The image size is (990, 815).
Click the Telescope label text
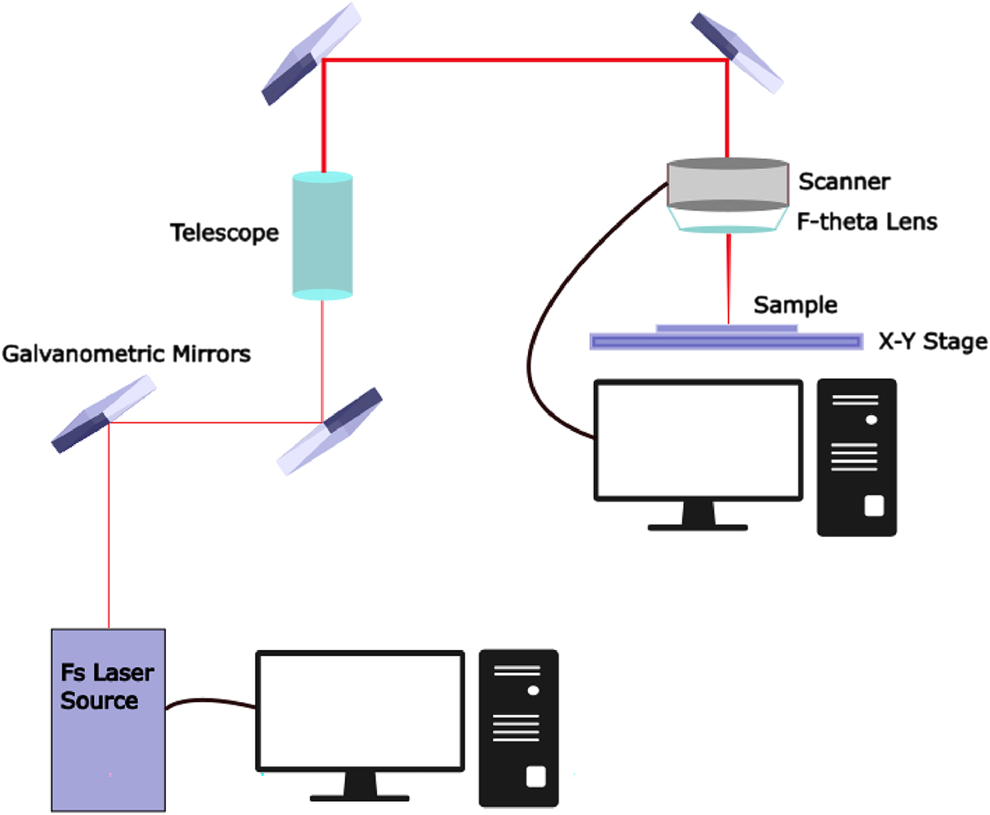(224, 233)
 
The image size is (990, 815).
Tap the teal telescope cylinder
(323, 234)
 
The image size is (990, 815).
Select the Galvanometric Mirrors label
(126, 356)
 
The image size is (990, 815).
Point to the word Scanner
(844, 181)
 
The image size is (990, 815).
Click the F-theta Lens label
(867, 222)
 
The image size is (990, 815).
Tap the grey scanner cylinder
(727, 183)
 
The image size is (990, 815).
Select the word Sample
(795, 305)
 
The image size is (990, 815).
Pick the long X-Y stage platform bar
(726, 341)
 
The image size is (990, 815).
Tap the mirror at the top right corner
(738, 51)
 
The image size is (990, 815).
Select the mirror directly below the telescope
(330, 431)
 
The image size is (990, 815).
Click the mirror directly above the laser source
(104, 415)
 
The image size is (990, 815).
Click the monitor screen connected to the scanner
(698, 440)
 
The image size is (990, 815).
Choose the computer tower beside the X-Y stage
(856, 457)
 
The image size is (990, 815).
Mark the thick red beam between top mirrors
(525, 60)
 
